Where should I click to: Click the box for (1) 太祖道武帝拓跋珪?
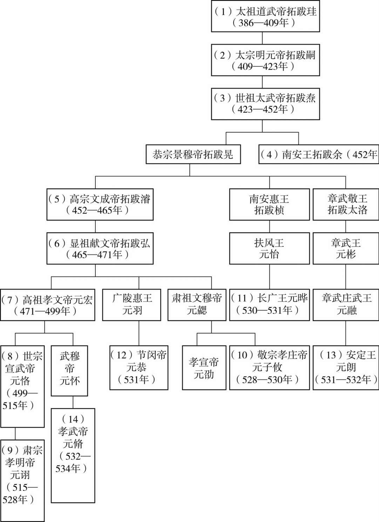265,16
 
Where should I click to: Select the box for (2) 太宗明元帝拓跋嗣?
265,60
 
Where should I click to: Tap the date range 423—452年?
263,109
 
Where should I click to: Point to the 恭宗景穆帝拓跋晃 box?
193,154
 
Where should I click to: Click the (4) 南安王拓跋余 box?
319,154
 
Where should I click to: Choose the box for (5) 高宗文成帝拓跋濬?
100,204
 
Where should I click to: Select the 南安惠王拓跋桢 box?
270,204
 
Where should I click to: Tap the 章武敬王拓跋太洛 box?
346,204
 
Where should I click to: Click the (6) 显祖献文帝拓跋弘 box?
100,249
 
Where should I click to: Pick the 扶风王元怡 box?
270,249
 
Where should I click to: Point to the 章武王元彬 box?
346,249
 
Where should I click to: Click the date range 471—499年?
45,311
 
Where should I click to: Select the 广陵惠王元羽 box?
132,305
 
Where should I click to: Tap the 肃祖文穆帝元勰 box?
197,305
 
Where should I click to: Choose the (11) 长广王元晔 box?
270,305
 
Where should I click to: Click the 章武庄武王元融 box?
346,305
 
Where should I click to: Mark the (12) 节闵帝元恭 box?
139,367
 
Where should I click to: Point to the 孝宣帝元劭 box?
204,367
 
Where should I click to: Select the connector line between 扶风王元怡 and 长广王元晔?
270,277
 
